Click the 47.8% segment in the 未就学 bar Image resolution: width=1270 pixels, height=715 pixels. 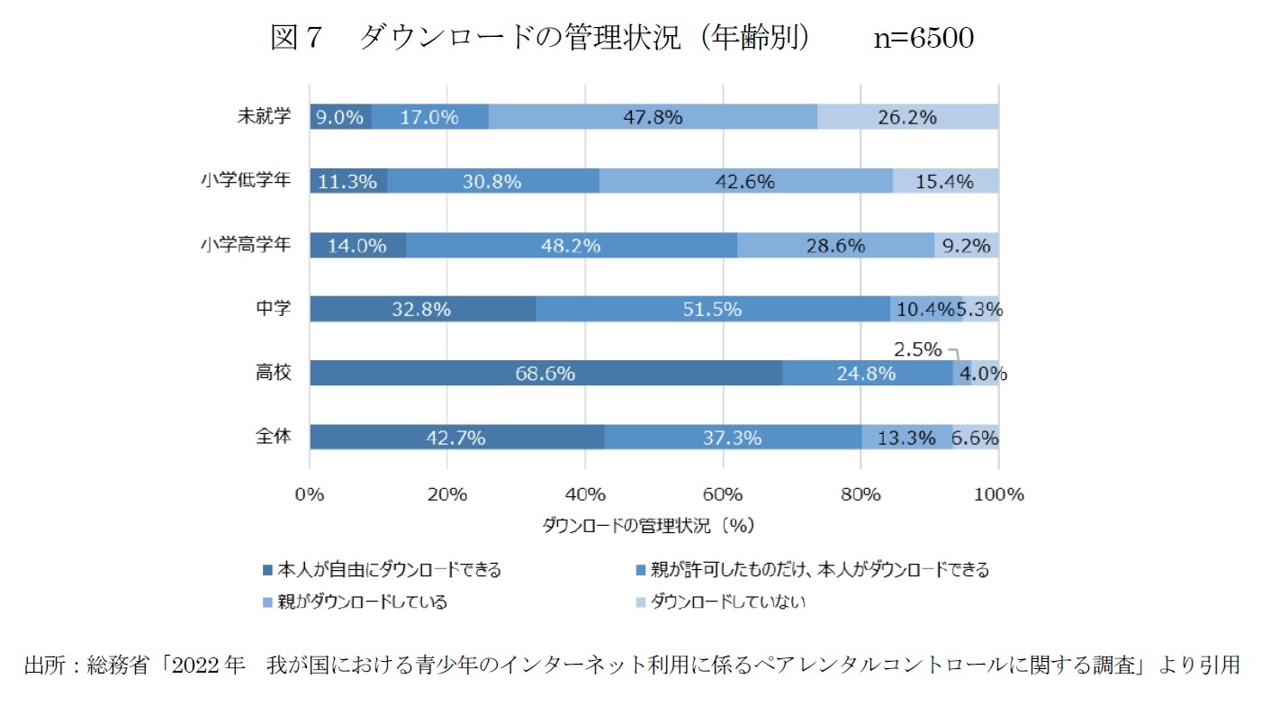[x=653, y=117]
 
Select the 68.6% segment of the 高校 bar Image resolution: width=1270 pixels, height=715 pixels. [x=545, y=373]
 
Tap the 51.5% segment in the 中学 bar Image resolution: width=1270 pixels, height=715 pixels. [x=712, y=309]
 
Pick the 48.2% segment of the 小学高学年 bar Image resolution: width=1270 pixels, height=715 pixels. [x=571, y=245]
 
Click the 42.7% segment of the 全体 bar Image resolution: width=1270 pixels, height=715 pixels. [x=456, y=438]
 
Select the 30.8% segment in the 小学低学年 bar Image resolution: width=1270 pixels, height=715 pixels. [x=492, y=181]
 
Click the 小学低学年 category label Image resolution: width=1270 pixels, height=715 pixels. [x=245, y=180]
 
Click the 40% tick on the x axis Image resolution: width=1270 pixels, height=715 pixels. [x=585, y=494]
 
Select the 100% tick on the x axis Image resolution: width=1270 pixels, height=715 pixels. [x=998, y=494]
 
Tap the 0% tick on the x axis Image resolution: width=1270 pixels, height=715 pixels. [x=310, y=494]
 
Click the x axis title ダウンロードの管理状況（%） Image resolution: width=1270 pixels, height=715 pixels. [x=648, y=524]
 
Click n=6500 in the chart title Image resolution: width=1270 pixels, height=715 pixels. [x=923, y=38]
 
